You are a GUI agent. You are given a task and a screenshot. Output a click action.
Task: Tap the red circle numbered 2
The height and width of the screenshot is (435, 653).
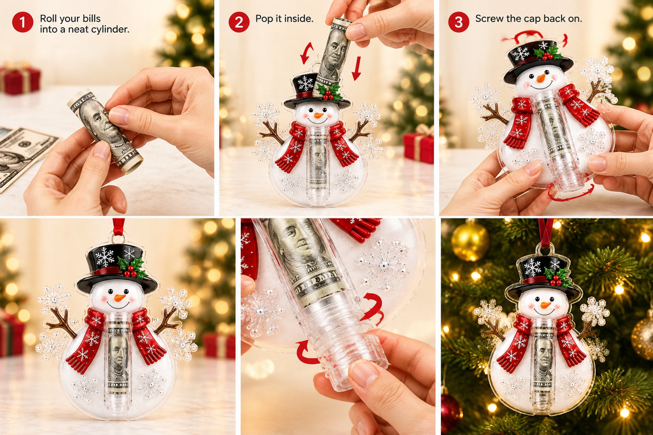point(239,22)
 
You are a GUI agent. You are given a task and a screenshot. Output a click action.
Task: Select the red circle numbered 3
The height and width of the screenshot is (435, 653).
point(458,22)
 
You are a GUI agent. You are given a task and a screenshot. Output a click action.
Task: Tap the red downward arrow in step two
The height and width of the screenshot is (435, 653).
point(357,68)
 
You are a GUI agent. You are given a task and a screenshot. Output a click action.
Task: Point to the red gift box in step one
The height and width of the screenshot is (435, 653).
point(20,79)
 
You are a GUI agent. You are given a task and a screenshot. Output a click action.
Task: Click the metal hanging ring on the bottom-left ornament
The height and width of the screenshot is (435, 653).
point(118,238)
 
